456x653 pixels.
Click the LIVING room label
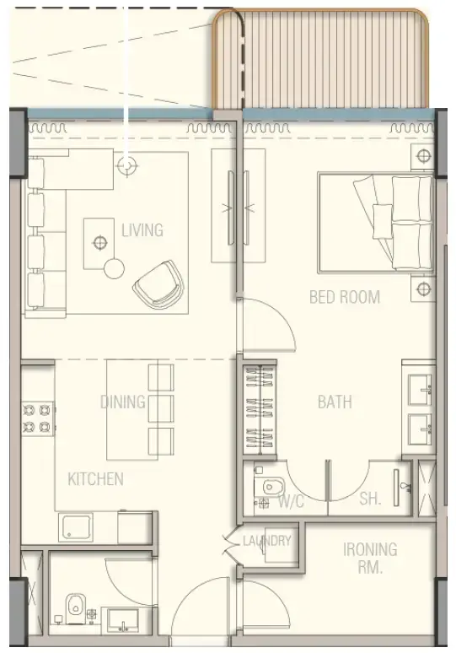click(x=142, y=229)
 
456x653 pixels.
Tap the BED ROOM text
click(x=344, y=297)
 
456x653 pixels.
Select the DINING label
click(x=123, y=402)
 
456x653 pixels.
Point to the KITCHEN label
click(x=95, y=479)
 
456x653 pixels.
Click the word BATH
click(x=335, y=402)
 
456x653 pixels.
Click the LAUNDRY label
click(x=267, y=542)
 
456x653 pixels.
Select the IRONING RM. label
click(x=370, y=558)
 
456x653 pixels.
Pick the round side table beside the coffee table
click(x=114, y=268)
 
